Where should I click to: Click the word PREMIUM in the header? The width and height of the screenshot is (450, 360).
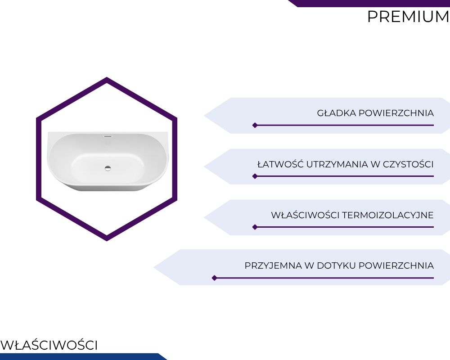click(409, 17)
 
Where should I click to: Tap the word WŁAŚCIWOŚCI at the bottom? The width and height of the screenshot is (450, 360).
click(49, 345)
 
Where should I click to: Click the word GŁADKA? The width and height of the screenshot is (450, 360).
click(336, 113)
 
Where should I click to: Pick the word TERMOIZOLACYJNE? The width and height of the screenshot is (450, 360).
click(388, 215)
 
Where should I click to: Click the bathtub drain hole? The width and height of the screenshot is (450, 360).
click(108, 168)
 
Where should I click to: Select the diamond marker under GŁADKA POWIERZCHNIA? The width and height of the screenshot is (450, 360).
click(255, 125)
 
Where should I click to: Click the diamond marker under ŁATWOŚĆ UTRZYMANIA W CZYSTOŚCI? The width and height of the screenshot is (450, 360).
click(255, 176)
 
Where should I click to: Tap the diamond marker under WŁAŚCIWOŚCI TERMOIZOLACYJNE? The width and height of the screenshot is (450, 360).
click(255, 227)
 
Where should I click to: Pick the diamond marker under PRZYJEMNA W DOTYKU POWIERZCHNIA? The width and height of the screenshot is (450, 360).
click(214, 278)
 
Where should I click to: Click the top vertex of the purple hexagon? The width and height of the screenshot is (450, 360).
click(107, 77)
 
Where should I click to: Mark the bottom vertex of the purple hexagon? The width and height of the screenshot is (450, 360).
click(107, 240)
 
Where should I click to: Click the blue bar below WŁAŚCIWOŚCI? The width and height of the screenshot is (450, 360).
click(83, 356)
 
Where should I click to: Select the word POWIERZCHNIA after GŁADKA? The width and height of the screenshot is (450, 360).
click(396, 113)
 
